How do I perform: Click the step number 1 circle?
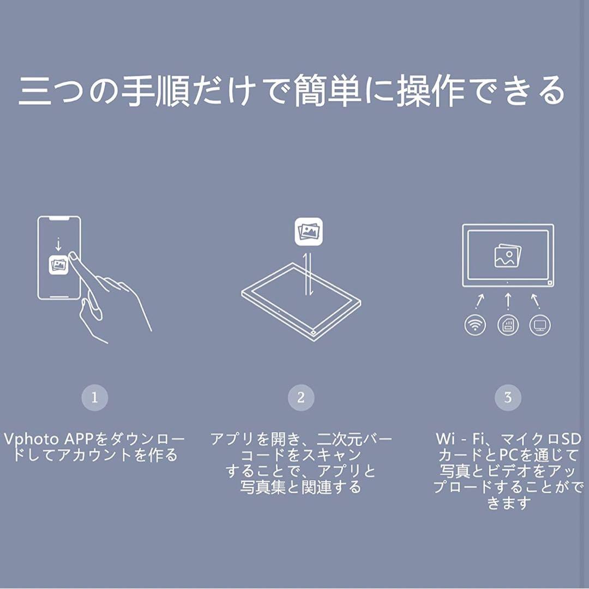tap(95, 398)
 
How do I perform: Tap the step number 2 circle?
tap(301, 398)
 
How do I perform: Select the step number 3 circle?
tap(508, 398)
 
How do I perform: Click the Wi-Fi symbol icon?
tap(475, 325)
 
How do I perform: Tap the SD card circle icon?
tap(508, 325)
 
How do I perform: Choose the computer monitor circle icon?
tap(540, 325)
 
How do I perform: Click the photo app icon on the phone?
tap(58, 265)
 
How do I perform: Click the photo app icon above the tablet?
tap(309, 231)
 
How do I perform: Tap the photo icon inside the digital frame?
tap(507, 255)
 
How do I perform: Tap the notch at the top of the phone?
tap(59, 219)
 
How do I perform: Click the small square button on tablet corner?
tap(314, 331)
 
